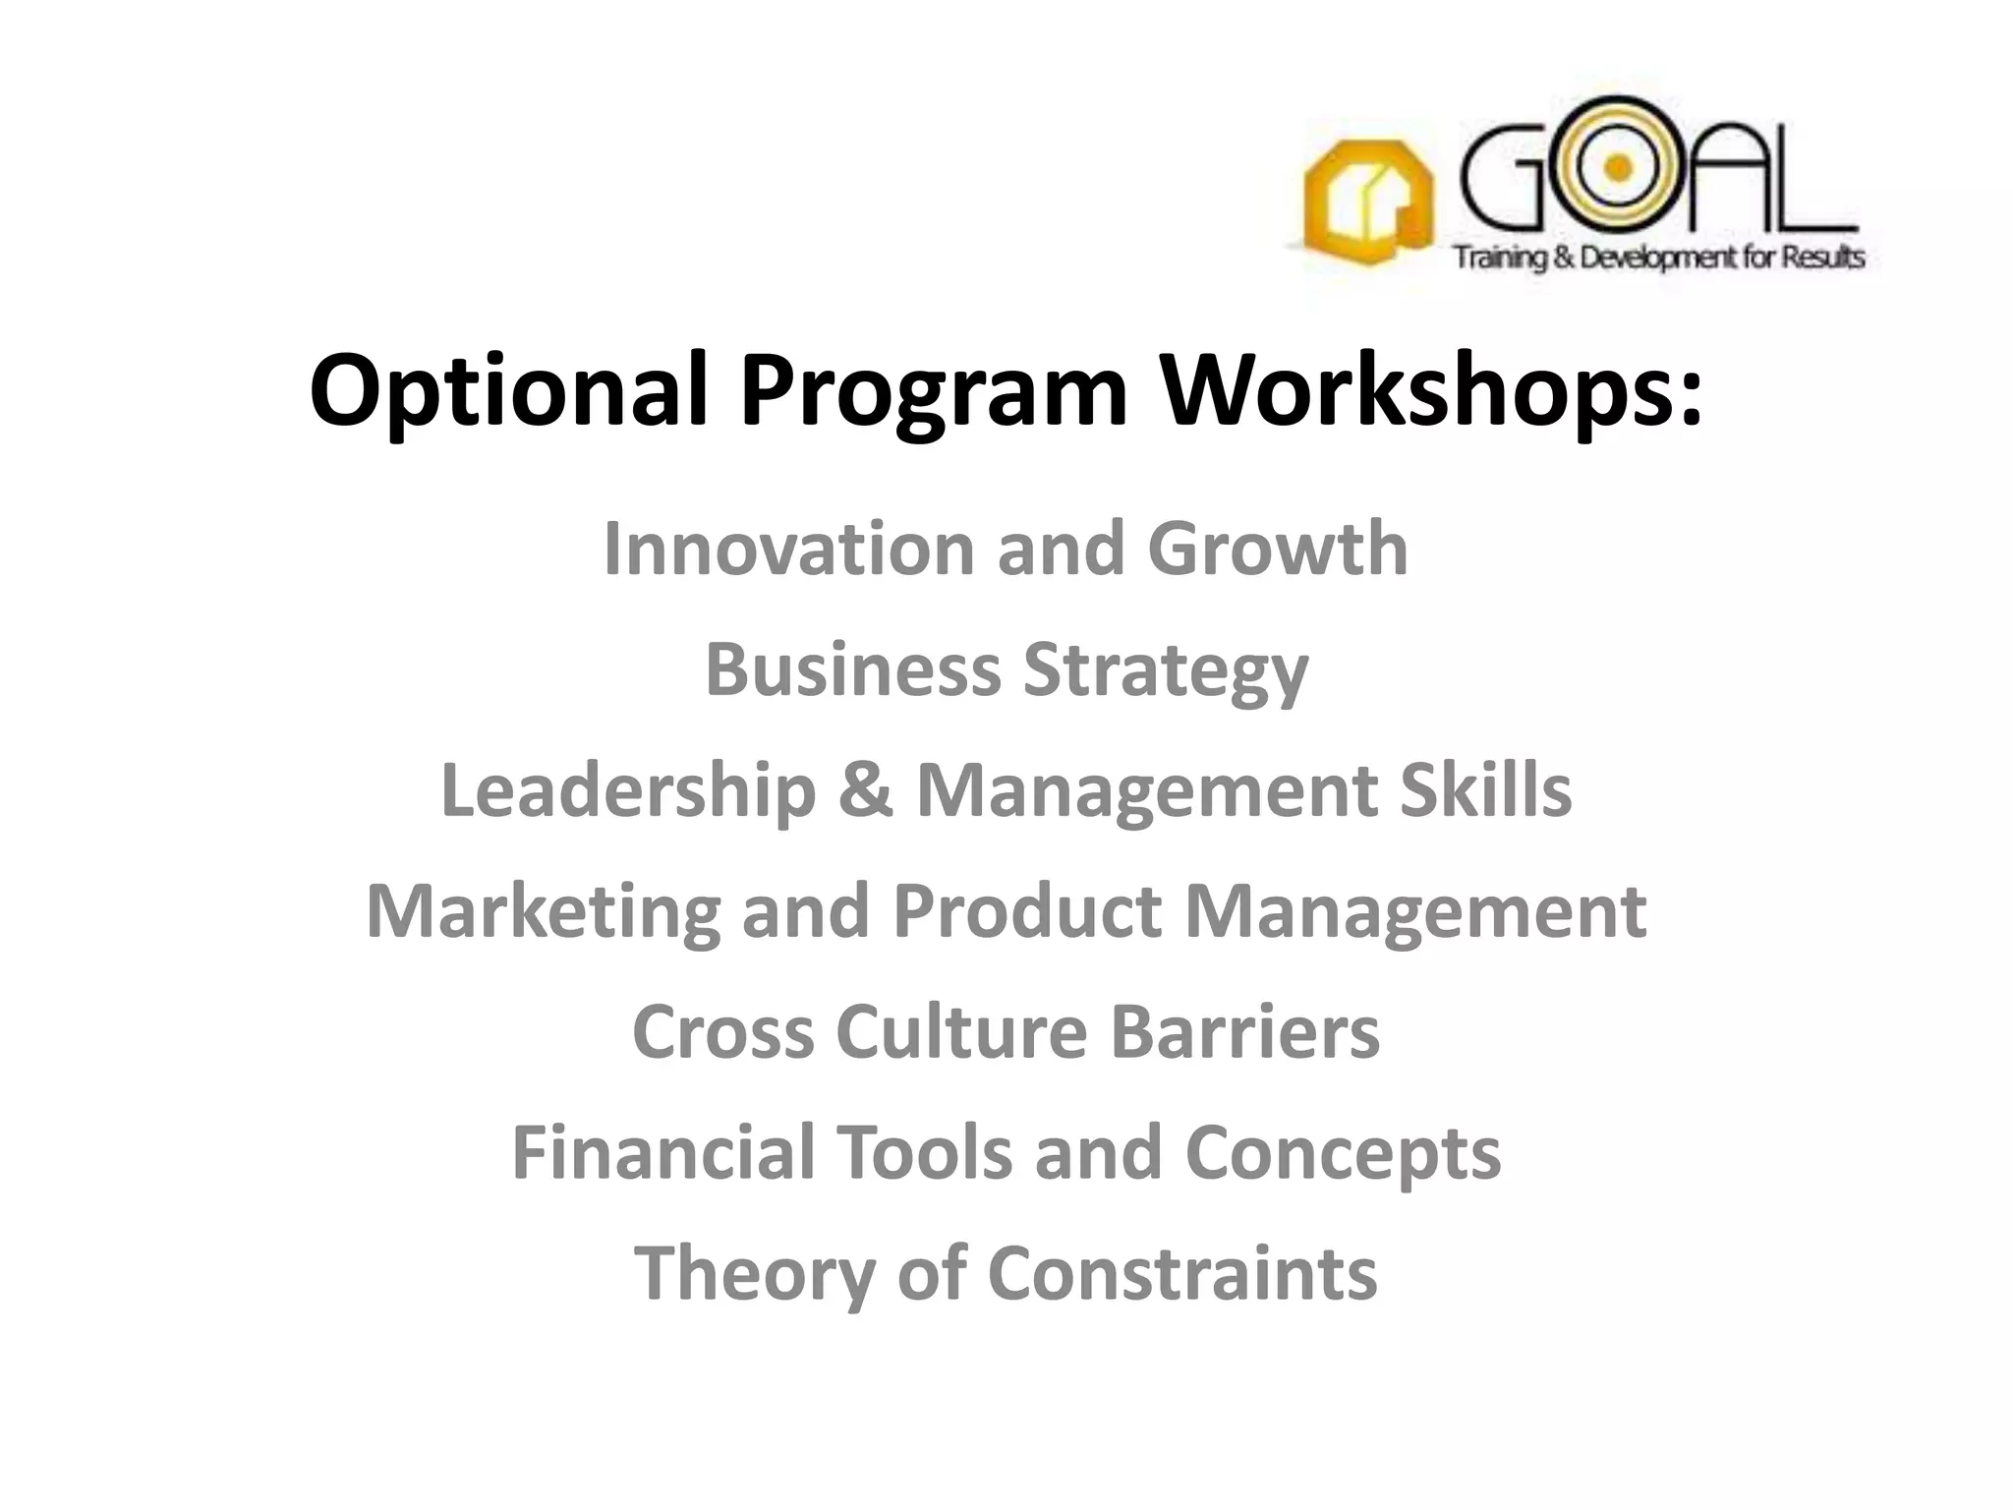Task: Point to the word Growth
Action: (1278, 549)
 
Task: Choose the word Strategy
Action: (1166, 671)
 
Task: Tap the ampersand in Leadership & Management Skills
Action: (866, 791)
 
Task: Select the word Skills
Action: (1485, 791)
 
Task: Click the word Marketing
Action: (544, 912)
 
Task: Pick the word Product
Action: (1026, 912)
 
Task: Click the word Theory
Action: (754, 1275)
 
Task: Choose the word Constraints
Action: (1181, 1274)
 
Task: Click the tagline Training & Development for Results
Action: (1659, 258)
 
